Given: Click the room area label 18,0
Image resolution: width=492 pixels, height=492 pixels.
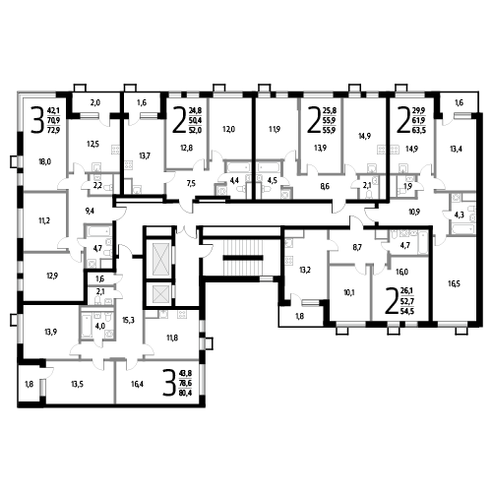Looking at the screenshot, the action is tap(44, 161).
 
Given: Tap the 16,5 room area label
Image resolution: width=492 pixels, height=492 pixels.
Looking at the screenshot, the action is tap(454, 283).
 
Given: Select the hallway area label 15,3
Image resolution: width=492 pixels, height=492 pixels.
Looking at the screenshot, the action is tap(128, 320).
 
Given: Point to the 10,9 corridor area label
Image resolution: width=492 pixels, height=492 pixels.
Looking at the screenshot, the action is tap(414, 212).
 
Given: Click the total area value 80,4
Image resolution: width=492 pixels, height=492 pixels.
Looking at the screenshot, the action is tap(186, 393).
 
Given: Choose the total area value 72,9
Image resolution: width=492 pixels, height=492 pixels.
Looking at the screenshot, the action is tap(53, 131).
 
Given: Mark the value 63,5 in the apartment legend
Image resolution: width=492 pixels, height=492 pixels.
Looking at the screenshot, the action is tap(419, 130).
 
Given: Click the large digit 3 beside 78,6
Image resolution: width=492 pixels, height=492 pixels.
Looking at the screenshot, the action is tap(169, 383).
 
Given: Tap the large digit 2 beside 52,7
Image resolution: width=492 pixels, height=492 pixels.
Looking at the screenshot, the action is tap(391, 300).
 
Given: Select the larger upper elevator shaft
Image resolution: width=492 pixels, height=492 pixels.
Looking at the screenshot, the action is tap(158, 259).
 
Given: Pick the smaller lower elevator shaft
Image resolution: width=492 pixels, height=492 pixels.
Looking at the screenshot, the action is tap(158, 293).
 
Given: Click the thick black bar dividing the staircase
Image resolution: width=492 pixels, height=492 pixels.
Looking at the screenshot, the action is tap(243, 258).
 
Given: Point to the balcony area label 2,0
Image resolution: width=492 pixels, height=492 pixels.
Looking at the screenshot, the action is tap(95, 103).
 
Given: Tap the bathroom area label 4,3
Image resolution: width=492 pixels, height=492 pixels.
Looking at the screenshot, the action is tap(459, 215).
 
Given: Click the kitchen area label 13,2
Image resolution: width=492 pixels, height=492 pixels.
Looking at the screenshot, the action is tap(305, 270).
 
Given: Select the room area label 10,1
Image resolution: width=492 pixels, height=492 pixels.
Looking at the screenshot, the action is tap(349, 292).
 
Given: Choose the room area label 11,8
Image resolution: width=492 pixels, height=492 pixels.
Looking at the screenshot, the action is tap(172, 338).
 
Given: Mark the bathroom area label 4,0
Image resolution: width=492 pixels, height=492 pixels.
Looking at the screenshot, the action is tap(99, 327).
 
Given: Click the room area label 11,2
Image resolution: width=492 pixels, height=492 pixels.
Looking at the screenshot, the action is tap(44, 220).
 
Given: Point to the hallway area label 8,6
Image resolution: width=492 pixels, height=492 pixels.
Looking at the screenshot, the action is tap(325, 187).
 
